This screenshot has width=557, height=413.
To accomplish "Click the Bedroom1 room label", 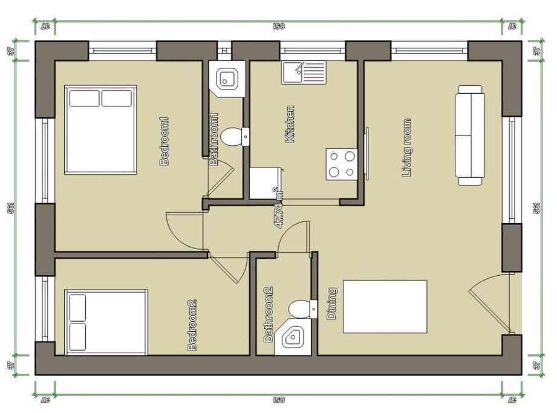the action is (x=164, y=141).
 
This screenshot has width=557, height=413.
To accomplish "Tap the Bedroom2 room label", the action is (x=192, y=325).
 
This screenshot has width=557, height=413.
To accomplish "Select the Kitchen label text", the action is (x=290, y=124).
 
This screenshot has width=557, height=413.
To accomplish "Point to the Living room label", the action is (x=407, y=148).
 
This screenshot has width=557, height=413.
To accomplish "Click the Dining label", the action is (x=331, y=304).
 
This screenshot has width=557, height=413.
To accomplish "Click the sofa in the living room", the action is (x=470, y=135).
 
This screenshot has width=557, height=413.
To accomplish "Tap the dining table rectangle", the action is (x=385, y=307).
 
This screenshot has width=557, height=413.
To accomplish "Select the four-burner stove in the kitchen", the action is (x=342, y=164).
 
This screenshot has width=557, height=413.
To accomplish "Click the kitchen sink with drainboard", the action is (x=304, y=73).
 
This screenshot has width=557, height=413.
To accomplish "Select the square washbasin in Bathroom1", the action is (x=227, y=79).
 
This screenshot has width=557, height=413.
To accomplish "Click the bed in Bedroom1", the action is (x=100, y=129).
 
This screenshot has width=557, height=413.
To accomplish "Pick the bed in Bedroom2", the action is (x=106, y=322).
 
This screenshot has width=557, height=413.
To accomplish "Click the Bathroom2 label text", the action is (x=269, y=314).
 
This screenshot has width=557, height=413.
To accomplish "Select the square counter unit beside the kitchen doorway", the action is (x=265, y=183).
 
